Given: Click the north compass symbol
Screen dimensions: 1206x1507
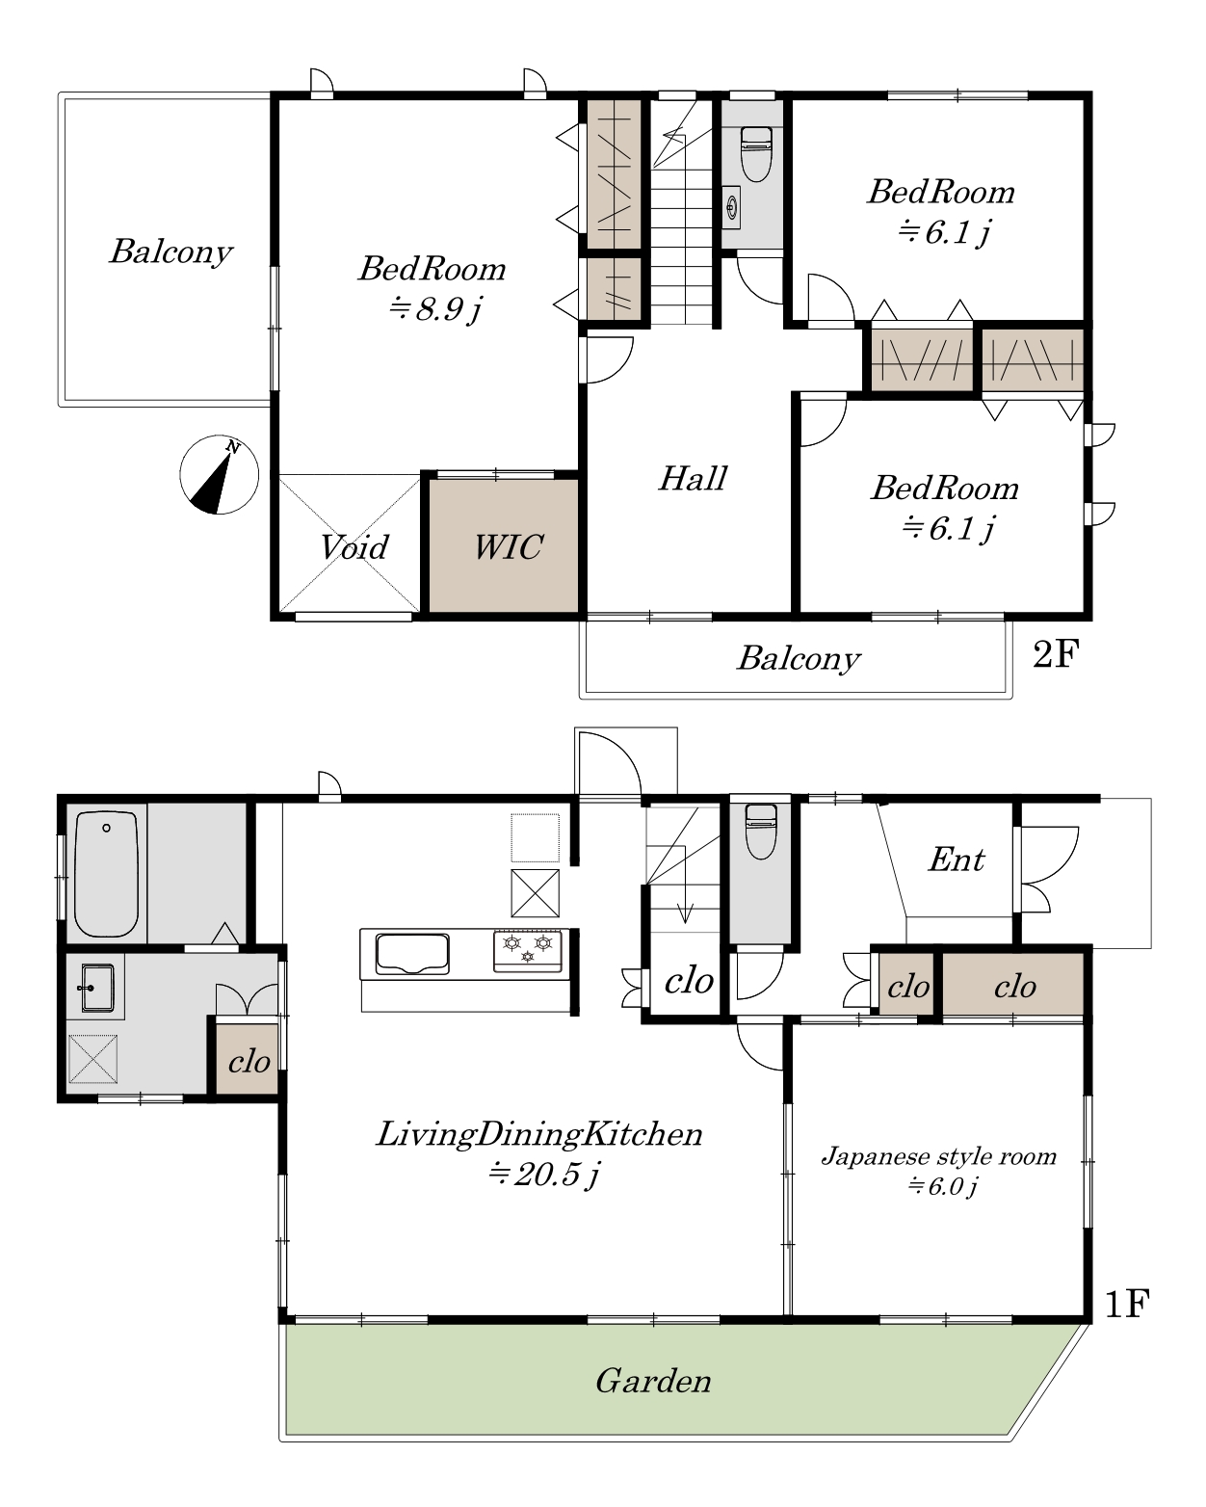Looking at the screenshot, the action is (x=220, y=474).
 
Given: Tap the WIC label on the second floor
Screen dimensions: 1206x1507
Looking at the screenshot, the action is (x=508, y=547).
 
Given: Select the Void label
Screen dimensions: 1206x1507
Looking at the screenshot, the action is (x=354, y=547).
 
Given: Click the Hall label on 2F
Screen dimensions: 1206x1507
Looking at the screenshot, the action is (x=693, y=479).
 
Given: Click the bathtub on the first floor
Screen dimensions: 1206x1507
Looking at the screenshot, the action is (x=106, y=874).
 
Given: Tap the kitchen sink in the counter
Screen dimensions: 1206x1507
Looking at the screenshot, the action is (x=412, y=954).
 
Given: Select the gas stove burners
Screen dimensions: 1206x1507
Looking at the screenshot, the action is (x=527, y=950).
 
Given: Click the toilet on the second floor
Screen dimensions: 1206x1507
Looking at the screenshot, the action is (x=755, y=153).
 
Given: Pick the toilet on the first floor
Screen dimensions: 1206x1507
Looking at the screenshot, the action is (x=761, y=832).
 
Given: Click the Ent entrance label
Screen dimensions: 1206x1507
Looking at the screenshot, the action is (x=957, y=859).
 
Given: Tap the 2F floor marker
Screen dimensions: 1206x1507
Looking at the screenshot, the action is (x=1056, y=654).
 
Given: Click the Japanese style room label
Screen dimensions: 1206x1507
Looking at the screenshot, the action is (x=938, y=1155).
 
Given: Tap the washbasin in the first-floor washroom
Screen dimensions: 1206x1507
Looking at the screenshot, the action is (x=97, y=988).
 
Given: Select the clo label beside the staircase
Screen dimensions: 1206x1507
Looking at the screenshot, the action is (x=689, y=981).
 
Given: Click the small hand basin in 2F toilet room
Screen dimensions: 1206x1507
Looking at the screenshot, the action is (x=732, y=206).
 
